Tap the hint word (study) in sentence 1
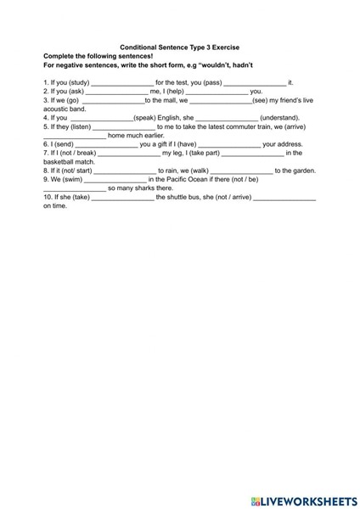click(x=77, y=82)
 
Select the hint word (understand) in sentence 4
click(x=279, y=118)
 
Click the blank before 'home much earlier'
click(x=74, y=136)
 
